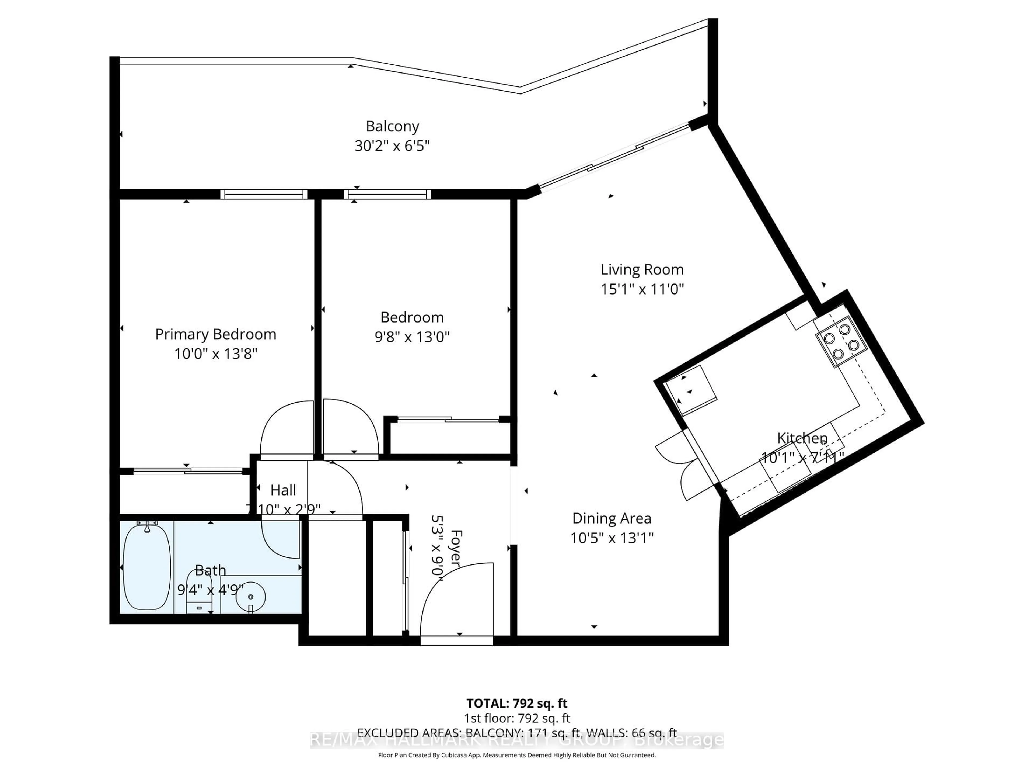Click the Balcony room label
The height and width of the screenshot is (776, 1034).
[x=392, y=126]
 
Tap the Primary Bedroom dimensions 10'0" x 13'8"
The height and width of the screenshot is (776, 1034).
[x=215, y=354]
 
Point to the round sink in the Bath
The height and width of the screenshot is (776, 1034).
[x=250, y=597]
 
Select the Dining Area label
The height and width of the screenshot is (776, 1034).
[x=612, y=518]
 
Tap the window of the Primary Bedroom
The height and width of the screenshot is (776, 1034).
[x=264, y=194]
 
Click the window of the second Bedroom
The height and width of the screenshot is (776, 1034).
[x=387, y=194]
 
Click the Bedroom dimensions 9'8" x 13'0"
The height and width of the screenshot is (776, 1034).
[x=412, y=337]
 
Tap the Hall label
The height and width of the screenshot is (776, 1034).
[x=283, y=490]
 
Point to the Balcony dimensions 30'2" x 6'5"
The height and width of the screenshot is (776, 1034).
[x=392, y=146]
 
